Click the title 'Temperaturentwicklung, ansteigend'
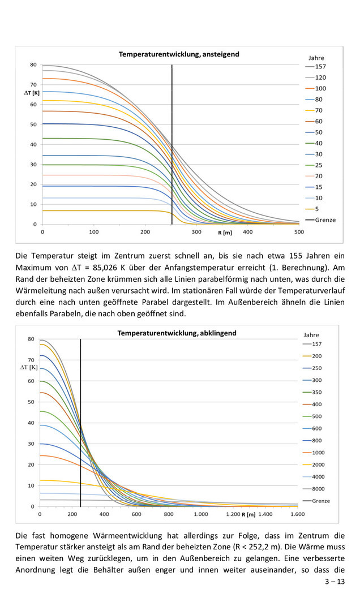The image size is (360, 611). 178,54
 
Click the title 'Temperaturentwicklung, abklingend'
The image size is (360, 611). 177,333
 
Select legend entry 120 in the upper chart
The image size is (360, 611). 320,78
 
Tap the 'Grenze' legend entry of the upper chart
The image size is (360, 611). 324,220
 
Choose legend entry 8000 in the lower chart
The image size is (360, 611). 319,489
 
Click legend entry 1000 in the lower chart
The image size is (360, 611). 319,453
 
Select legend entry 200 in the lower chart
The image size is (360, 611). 317,356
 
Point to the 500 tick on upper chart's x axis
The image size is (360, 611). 299,232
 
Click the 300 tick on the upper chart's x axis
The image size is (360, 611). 196,232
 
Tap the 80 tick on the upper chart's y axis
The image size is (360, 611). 33,64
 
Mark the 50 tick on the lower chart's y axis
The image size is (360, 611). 32,402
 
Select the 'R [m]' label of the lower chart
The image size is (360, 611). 248,515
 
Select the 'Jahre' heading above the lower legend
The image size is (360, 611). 311,335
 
